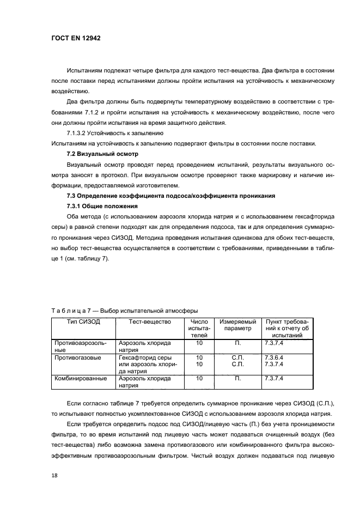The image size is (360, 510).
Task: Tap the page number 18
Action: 53,475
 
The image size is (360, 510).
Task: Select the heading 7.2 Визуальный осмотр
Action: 102,154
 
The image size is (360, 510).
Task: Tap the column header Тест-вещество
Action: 150,322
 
